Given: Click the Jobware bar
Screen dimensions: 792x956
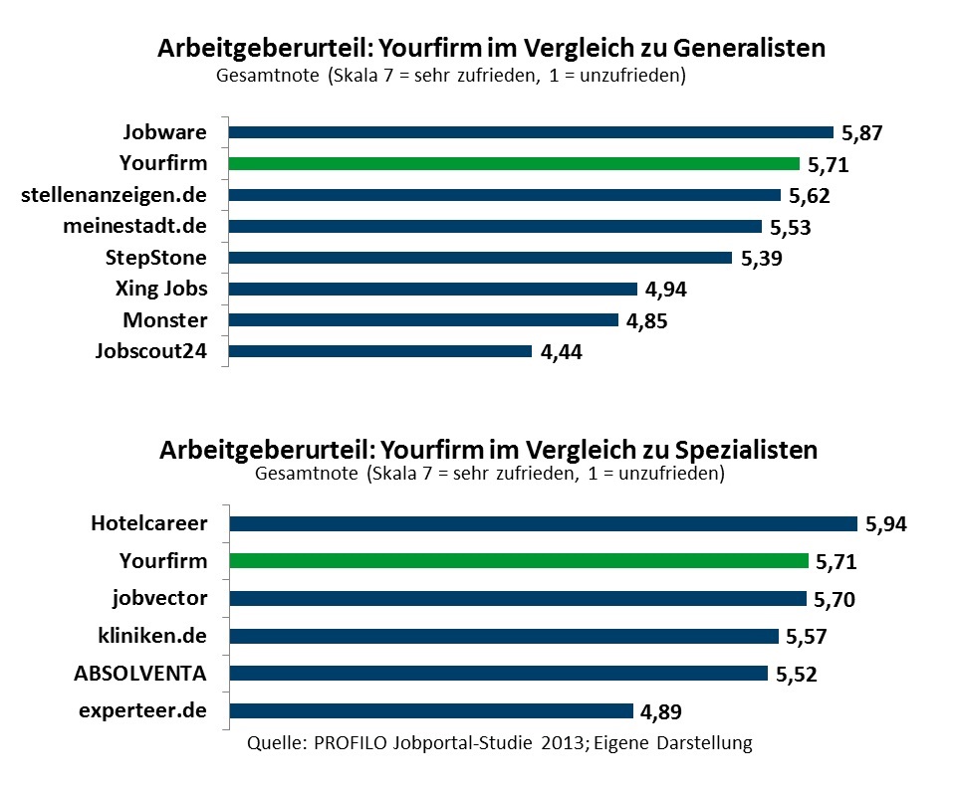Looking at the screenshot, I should point(531,132).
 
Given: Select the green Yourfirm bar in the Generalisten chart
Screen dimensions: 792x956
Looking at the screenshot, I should point(514,164).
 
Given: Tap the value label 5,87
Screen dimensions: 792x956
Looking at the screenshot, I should point(862,133).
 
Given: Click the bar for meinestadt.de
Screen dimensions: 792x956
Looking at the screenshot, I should point(495,227).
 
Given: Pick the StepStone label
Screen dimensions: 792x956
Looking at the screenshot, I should point(156,258).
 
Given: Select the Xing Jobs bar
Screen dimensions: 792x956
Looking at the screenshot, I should point(433,290).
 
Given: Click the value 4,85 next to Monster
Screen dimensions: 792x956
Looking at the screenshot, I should point(648,322).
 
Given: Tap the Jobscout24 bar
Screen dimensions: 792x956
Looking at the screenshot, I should point(380,351).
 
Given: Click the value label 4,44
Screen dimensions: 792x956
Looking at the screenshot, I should point(561,353).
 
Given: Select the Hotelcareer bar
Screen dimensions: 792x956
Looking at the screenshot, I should point(543,524).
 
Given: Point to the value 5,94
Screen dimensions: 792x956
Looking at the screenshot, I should point(887,525).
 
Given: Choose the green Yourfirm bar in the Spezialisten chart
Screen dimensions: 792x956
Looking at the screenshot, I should point(519,561).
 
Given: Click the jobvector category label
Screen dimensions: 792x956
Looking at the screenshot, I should point(159,598).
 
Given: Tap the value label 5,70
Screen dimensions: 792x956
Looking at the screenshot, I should point(836,600).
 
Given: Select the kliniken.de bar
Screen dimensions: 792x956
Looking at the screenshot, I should point(504,636).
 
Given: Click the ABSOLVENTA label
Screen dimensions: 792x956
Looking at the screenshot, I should point(140,673).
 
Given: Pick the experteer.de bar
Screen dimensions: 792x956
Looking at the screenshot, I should point(431,710).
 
